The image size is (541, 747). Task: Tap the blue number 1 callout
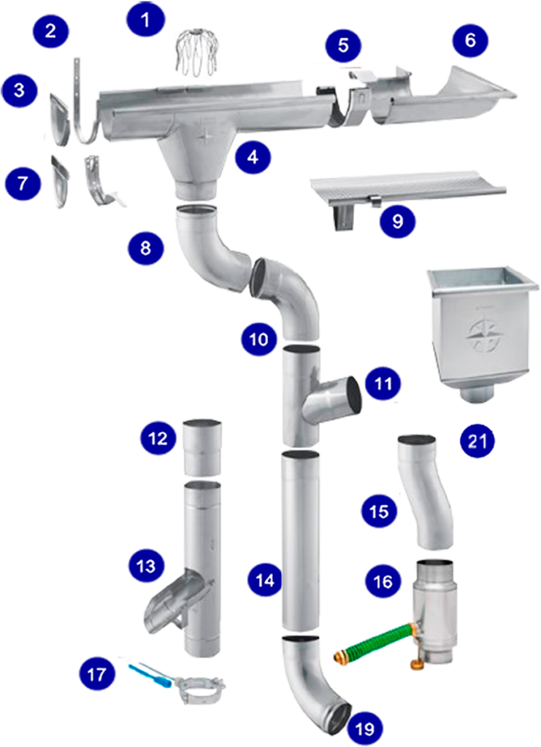point(145,20)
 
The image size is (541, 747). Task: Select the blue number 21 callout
point(477,441)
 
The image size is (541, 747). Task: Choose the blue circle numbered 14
point(265,579)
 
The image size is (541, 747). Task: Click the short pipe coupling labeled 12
point(202,447)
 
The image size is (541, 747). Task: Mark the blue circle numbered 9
point(397,221)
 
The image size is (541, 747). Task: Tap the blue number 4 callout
point(253,157)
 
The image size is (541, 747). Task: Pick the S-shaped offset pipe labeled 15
point(423,491)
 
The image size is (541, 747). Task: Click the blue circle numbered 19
point(364,729)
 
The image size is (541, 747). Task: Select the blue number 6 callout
point(470,40)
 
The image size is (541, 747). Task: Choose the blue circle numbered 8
point(145,248)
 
